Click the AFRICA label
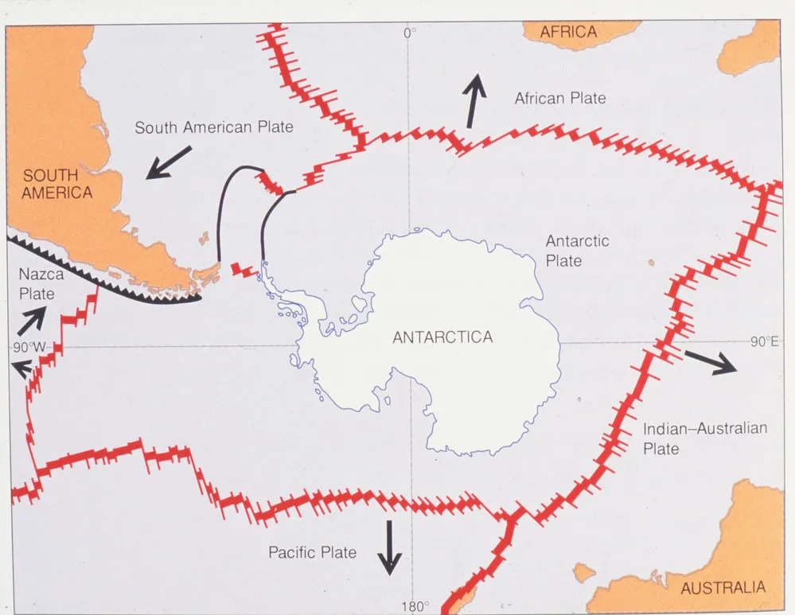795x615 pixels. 568,32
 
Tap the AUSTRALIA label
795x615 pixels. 723,588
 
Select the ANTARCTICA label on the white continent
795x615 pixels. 442,337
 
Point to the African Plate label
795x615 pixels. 560,99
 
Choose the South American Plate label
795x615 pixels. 214,127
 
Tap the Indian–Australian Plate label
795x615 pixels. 705,438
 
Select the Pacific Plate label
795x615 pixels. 312,552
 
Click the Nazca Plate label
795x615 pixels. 37,284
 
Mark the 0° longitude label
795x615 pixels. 410,33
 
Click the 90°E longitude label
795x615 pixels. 763,342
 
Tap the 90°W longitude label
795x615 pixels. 29,348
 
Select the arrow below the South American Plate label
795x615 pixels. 169,162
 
